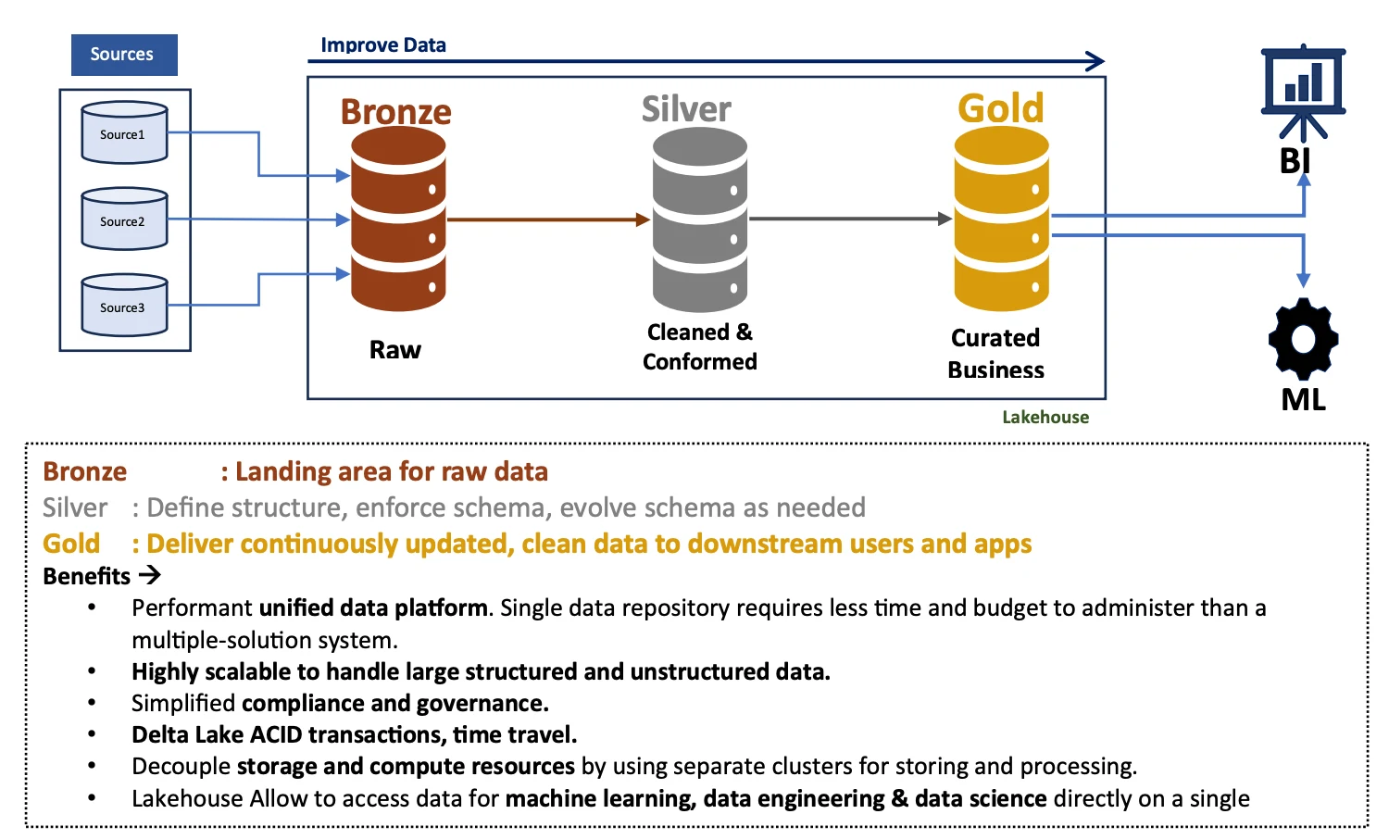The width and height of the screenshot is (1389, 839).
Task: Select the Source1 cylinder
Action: point(124,133)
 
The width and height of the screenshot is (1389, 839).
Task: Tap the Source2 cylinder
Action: point(124,219)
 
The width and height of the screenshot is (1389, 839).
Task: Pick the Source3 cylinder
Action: point(124,306)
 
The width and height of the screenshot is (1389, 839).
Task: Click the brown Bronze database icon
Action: point(398,219)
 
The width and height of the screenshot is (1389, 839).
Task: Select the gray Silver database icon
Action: point(699,219)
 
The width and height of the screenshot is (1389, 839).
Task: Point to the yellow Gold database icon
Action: point(1001,219)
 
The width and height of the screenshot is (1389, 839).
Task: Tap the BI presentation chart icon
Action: point(1303,86)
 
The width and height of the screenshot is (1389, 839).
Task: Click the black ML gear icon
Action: point(1303,338)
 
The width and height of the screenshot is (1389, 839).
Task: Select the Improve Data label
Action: point(383,44)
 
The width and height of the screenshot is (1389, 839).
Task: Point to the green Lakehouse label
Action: point(1045,417)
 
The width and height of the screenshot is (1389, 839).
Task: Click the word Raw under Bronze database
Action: point(395,349)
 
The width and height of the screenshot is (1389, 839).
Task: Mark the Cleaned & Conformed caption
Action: point(700,346)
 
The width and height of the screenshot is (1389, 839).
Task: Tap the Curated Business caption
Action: point(995,354)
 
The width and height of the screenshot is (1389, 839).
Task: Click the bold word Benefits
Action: point(87,576)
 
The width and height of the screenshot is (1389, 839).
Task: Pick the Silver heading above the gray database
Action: point(686,109)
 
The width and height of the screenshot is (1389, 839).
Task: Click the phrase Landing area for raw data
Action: point(392,471)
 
